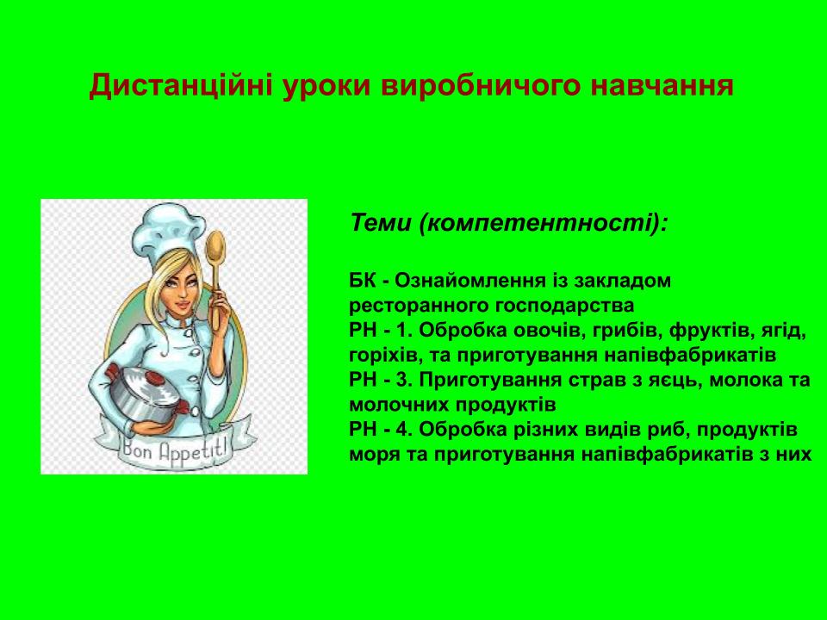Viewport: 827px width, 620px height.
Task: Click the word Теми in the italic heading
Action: click(380, 223)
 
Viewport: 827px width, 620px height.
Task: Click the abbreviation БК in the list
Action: click(363, 282)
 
